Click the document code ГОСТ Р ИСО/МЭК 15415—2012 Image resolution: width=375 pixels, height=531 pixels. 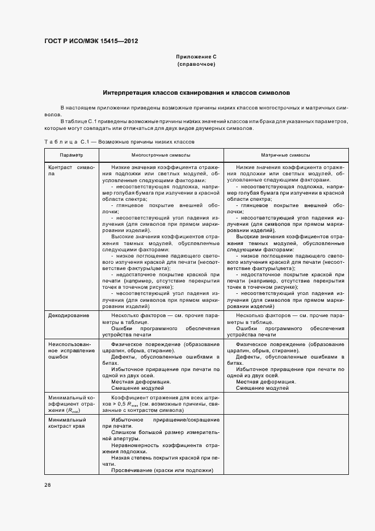(x=91, y=41)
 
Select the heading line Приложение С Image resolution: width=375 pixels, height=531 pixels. (x=196, y=57)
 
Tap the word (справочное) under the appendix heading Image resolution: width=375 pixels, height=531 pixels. (x=196, y=65)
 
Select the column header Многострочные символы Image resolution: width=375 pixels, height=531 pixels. (x=161, y=154)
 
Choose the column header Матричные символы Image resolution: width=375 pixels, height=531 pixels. (x=285, y=154)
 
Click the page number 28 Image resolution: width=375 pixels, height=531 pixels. (x=47, y=484)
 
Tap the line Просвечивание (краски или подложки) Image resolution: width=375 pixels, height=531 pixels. (x=162, y=470)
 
